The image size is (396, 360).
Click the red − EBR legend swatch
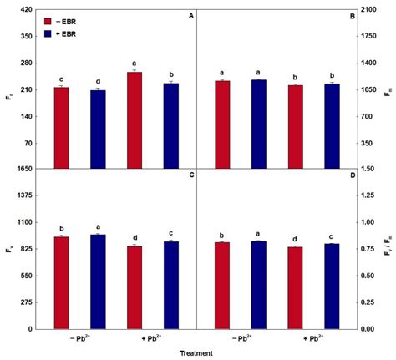coord(53,21)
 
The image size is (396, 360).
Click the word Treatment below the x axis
coord(195,353)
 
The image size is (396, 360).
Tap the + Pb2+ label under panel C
coord(153,339)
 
